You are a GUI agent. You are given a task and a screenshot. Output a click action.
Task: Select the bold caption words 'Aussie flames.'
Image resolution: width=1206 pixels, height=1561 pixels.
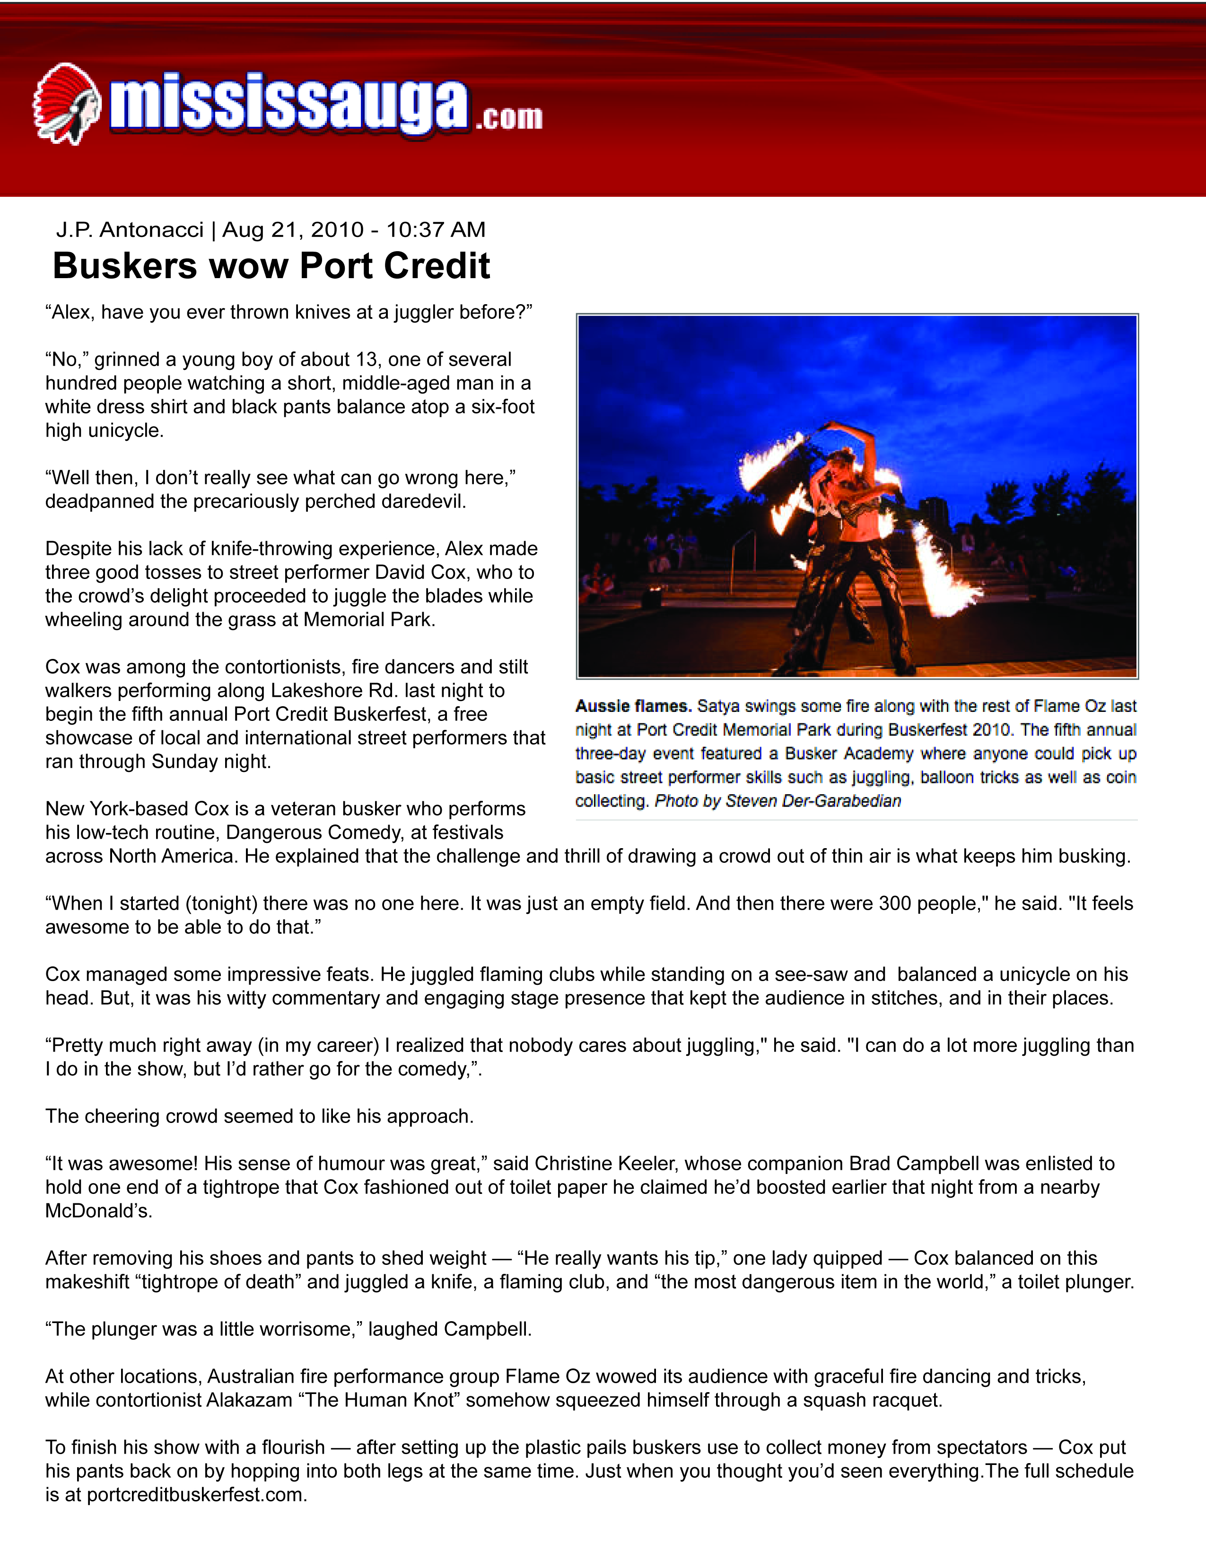(633, 706)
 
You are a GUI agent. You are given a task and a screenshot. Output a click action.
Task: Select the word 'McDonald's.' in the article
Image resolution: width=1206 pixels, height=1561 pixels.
(98, 1211)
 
